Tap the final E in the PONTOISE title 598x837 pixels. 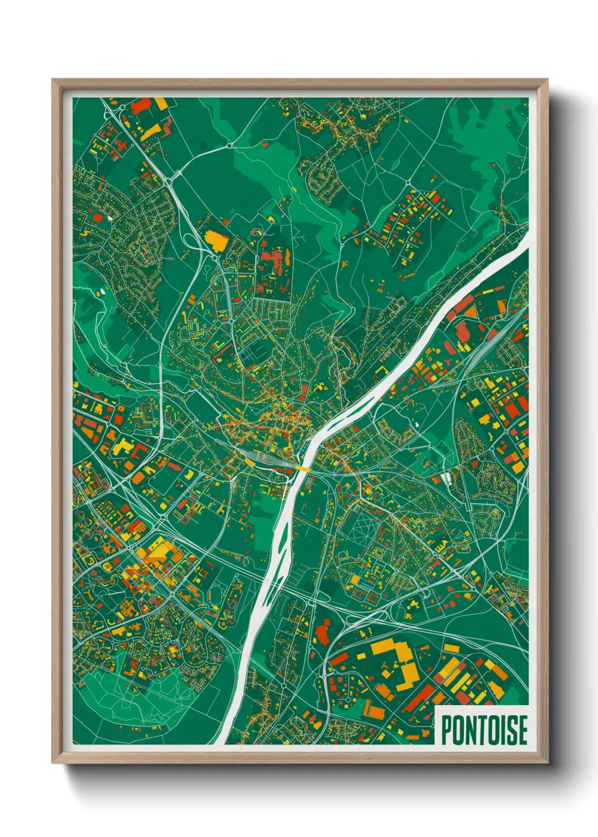(522, 730)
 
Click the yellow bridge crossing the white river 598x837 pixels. (301, 468)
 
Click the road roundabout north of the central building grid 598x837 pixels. (408, 182)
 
